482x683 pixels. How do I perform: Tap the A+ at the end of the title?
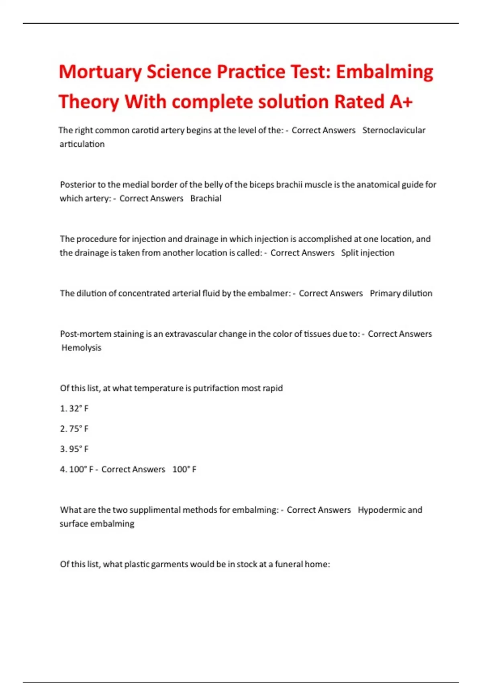(401, 102)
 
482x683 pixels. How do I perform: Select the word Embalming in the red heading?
(384, 72)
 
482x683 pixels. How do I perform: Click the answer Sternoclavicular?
(394, 130)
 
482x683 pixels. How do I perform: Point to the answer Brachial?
(206, 198)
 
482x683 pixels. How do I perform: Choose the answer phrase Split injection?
(368, 253)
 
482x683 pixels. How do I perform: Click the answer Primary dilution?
(401, 293)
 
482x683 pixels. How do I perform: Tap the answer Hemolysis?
(81, 348)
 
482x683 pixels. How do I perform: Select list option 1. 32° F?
(74, 409)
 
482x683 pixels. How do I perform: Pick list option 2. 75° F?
(74, 429)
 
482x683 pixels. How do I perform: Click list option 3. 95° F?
(74, 449)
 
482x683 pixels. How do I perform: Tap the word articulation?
(82, 144)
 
